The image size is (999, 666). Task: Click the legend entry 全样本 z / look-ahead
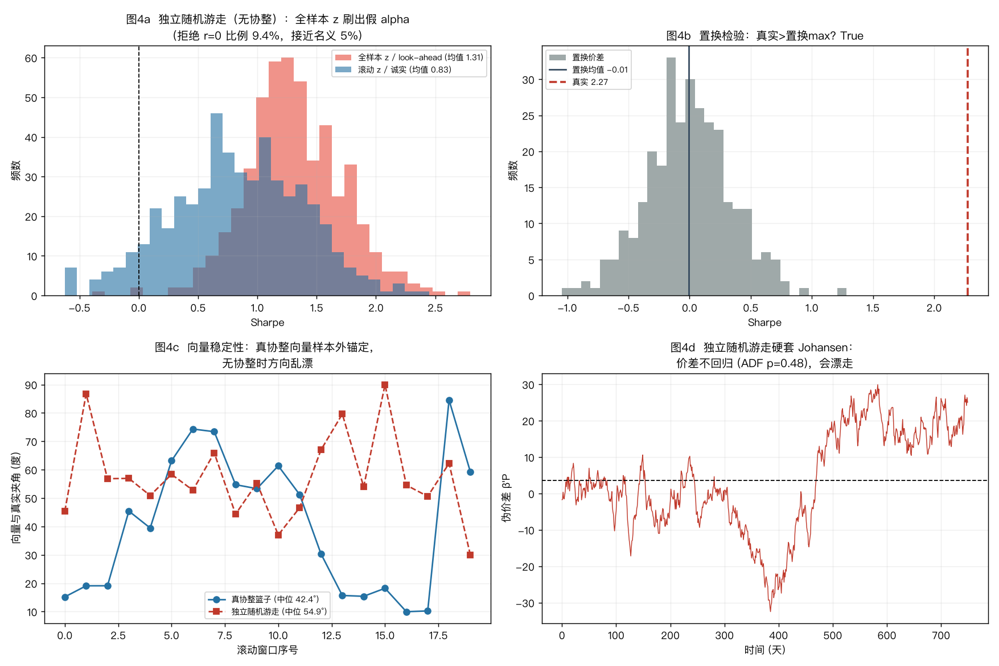[x=409, y=57]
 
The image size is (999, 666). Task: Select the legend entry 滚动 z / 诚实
[x=393, y=69]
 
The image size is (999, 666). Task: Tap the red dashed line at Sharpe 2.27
[x=967, y=171]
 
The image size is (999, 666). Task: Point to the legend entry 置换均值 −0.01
[x=588, y=69]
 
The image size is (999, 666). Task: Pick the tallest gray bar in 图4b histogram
[x=671, y=176]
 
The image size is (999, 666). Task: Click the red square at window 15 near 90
[x=385, y=385]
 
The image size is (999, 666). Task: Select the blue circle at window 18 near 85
[x=449, y=401]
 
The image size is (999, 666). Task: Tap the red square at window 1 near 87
[x=86, y=394]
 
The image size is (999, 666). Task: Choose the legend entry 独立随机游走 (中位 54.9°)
[x=268, y=611]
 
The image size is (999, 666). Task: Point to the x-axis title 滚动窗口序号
[x=268, y=649]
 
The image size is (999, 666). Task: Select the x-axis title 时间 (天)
[x=764, y=649]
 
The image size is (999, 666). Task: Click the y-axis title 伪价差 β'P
[x=506, y=498]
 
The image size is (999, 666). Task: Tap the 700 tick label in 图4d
[x=940, y=635]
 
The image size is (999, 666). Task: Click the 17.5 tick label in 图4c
[x=438, y=635]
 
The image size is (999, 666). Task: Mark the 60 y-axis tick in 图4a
[x=31, y=58]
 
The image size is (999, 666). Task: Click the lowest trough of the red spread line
[x=771, y=611]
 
